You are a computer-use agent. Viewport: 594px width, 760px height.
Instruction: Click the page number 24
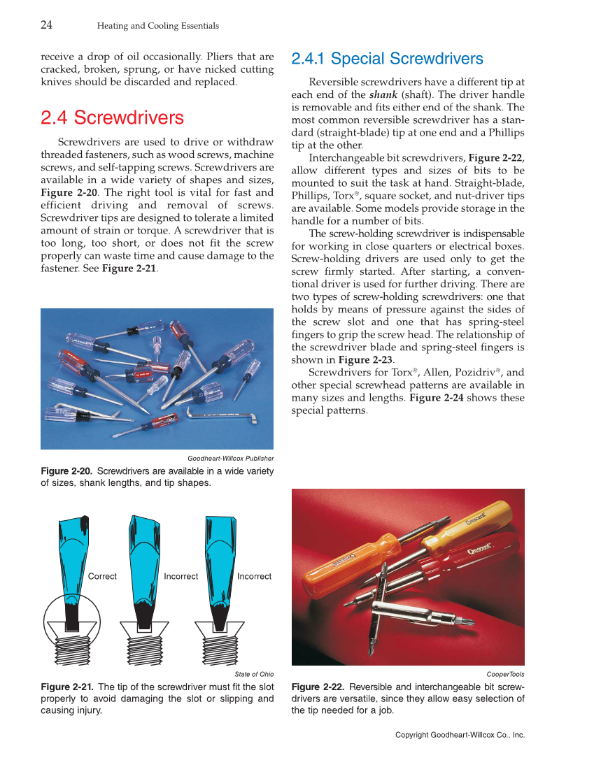point(47,25)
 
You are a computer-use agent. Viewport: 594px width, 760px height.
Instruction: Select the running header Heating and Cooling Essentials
point(157,26)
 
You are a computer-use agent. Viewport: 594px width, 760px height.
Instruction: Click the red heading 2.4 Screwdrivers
point(112,117)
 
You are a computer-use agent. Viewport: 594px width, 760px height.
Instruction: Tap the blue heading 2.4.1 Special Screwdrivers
point(387,59)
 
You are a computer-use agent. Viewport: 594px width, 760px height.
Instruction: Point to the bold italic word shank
point(383,94)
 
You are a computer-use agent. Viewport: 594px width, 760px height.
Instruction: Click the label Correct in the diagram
point(102,576)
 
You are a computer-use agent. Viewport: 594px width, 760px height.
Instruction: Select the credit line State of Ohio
point(254,674)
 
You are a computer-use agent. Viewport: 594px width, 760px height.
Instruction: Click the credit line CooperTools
point(505,674)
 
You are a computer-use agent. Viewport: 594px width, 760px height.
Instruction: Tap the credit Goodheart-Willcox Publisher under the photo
point(230,458)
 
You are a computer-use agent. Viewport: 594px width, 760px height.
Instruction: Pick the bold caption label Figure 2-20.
point(66,471)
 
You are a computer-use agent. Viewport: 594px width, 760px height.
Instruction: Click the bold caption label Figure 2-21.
point(66,687)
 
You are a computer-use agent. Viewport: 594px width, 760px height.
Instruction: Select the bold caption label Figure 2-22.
point(317,687)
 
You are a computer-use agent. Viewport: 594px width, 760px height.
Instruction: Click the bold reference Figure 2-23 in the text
point(365,360)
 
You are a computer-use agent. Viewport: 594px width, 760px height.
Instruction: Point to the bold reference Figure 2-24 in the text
point(436,398)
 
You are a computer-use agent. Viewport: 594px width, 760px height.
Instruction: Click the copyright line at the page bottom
point(460,735)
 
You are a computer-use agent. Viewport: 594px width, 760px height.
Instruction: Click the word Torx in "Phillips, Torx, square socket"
point(344,196)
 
